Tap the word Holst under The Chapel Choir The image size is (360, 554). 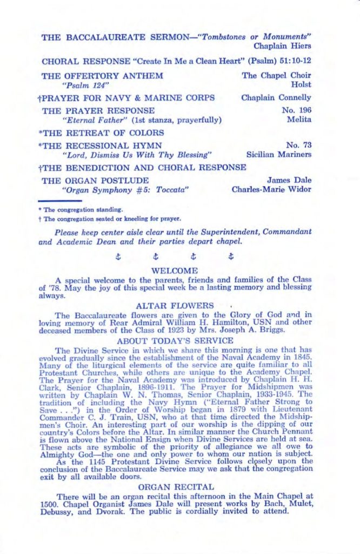coord(301,85)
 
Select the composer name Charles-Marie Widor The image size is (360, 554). coord(271,190)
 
